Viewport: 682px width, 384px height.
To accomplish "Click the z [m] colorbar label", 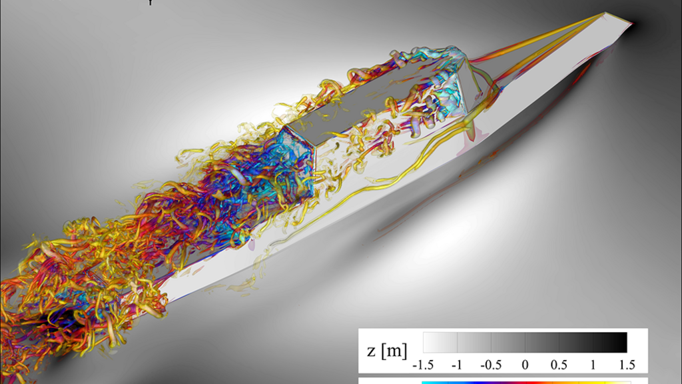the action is [387, 350].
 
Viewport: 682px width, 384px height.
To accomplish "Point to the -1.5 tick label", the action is [423, 365].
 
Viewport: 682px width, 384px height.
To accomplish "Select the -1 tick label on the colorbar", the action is [457, 365].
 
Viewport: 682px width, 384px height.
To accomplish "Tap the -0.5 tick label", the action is [491, 365].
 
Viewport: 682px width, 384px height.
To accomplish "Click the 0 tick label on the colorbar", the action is [525, 365].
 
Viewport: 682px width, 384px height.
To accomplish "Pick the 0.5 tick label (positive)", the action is [559, 365].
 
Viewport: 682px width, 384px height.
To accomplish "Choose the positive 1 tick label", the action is [593, 365].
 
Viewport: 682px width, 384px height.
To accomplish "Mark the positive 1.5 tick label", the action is [627, 365].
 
